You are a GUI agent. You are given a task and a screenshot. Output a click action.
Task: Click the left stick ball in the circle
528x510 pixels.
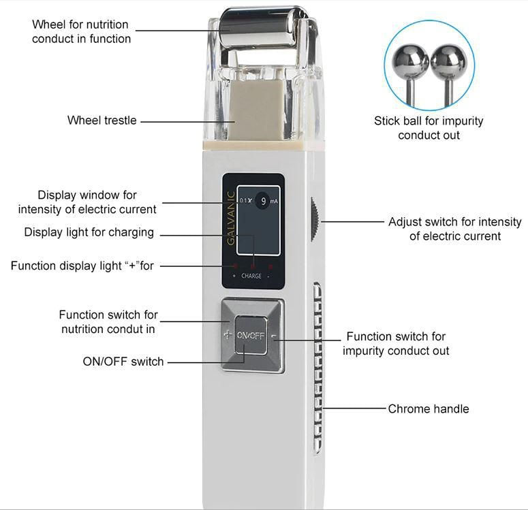(x=412, y=61)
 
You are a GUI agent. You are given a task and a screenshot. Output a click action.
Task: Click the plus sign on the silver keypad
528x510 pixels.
(x=228, y=335)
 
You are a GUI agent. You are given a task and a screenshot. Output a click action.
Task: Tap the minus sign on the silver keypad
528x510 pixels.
(x=274, y=336)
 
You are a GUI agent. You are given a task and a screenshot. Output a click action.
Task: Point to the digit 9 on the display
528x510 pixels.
(x=263, y=202)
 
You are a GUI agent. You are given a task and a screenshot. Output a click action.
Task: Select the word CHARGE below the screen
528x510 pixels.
(x=251, y=276)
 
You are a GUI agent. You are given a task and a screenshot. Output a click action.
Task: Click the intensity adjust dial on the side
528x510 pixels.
(x=315, y=219)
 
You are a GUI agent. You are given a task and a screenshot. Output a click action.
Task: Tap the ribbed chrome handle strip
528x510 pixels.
(x=317, y=368)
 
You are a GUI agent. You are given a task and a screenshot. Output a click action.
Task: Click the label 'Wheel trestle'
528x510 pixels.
(x=102, y=121)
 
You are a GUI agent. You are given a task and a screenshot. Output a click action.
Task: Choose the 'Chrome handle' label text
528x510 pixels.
(x=429, y=409)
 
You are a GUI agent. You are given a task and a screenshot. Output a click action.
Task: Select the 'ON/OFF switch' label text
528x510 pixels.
(x=123, y=362)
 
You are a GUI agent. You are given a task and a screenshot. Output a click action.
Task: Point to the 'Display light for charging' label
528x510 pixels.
(x=89, y=232)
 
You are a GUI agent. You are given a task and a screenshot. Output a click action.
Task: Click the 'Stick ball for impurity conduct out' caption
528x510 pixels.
(x=429, y=128)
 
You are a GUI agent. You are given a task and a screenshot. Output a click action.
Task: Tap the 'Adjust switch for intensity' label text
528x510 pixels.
(x=454, y=229)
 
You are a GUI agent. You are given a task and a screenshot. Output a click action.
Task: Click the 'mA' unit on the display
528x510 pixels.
(x=273, y=202)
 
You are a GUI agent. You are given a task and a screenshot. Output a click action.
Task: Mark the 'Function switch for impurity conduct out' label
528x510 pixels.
(x=396, y=343)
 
